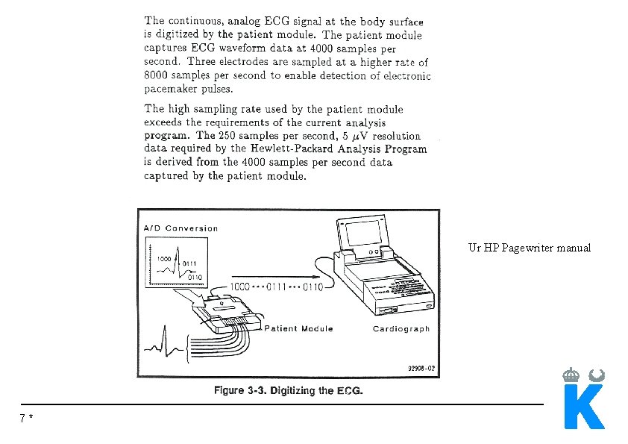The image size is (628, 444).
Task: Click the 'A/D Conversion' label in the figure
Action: tap(181, 228)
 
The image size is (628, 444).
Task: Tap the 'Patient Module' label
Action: tap(298, 328)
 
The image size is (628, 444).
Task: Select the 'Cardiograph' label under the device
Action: tap(401, 329)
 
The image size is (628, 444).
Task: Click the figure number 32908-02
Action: tap(421, 368)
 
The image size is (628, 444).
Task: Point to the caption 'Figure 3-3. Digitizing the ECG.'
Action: tap(289, 391)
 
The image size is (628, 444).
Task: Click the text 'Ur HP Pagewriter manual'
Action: tap(530, 248)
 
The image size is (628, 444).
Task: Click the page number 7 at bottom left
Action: tap(24, 419)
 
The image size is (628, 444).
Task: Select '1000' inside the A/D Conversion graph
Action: tap(164, 257)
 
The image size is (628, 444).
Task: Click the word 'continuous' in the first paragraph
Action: tap(196, 20)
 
